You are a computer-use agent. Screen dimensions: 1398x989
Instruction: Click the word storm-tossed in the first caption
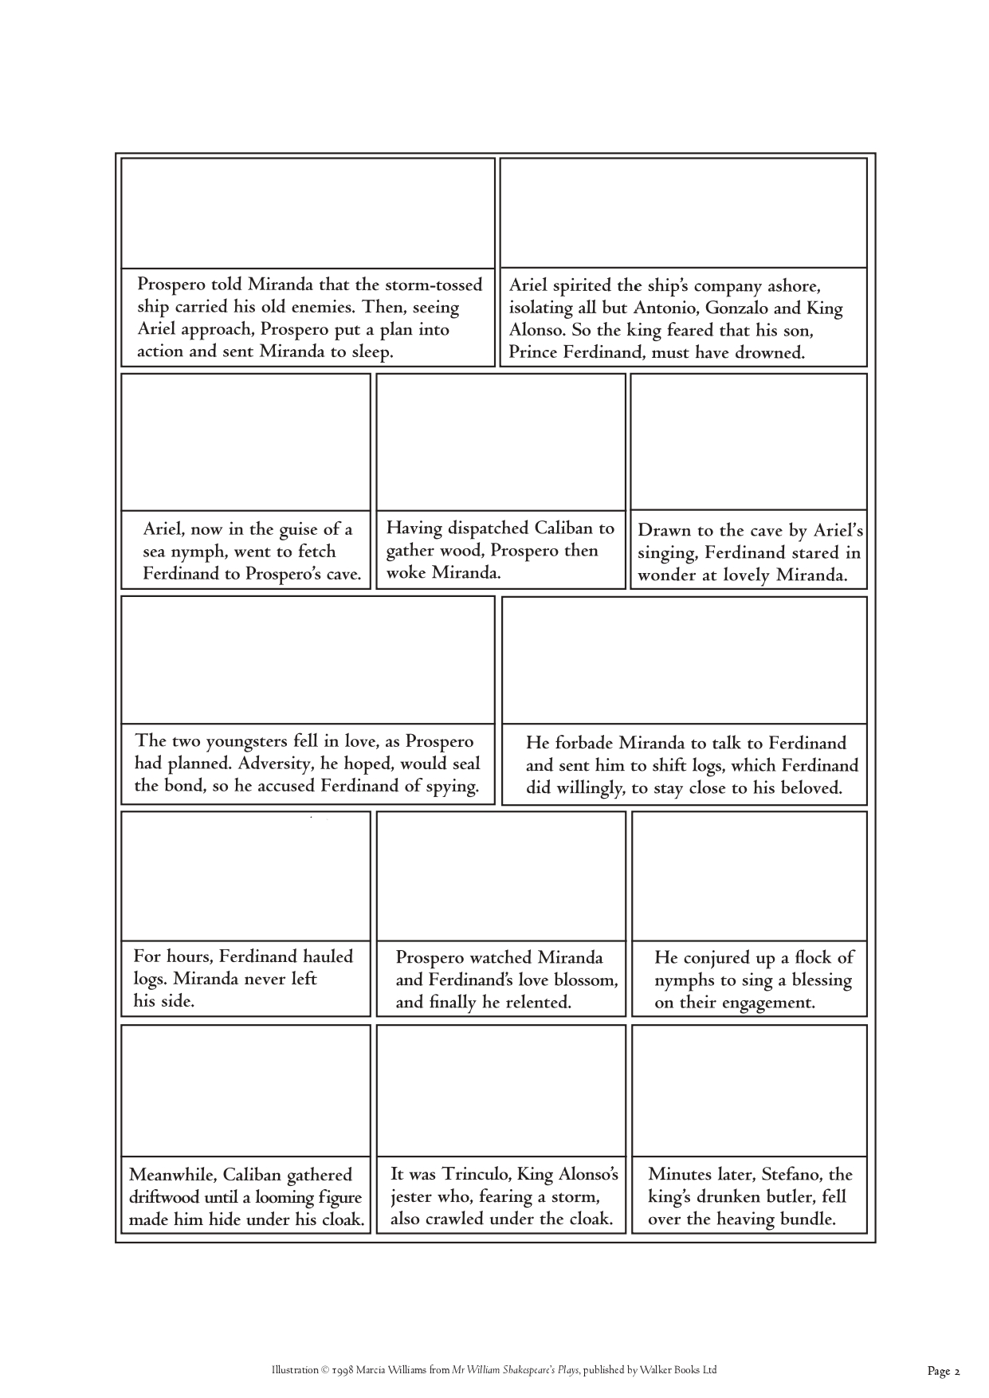point(434,285)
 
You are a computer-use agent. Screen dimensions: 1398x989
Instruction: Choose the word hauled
point(320,956)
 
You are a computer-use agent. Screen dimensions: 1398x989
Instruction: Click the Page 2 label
point(944,1371)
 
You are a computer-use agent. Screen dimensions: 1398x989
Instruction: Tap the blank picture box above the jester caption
point(500,1090)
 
